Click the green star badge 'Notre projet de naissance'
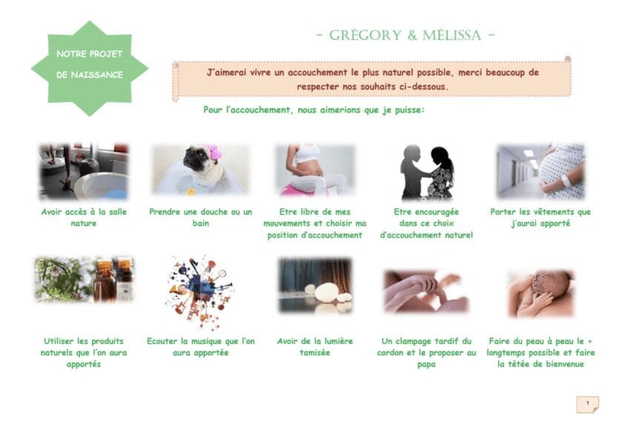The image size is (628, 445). (x=89, y=68)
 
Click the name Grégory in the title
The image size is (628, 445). (x=365, y=36)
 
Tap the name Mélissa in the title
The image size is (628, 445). (x=452, y=36)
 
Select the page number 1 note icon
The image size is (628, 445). (x=587, y=404)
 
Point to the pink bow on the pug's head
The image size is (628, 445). (x=213, y=152)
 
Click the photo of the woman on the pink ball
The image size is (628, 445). (x=315, y=170)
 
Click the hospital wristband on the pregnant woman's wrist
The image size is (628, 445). (x=566, y=181)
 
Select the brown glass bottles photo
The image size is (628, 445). (x=84, y=279)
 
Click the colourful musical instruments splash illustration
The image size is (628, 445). (x=200, y=292)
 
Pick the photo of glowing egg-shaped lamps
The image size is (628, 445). (x=315, y=285)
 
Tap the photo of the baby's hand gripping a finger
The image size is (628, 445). (x=426, y=291)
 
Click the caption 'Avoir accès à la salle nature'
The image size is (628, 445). (x=84, y=217)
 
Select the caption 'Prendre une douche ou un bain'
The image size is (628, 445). (x=201, y=217)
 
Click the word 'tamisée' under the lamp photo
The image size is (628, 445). (x=315, y=353)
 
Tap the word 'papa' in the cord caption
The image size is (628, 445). (x=426, y=364)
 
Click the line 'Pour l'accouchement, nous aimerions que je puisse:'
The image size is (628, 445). (x=314, y=110)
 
